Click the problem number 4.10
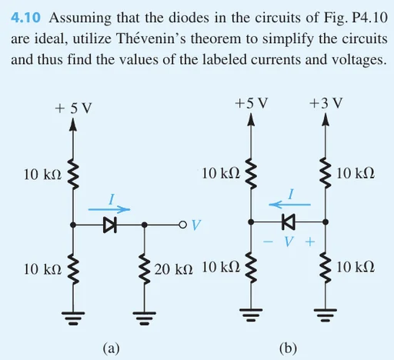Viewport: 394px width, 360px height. click(25, 18)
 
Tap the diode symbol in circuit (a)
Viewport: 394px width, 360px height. click(110, 225)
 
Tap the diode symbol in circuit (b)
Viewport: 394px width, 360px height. click(289, 222)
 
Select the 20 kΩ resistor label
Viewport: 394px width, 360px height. click(173, 269)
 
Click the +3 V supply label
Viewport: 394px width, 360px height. click(326, 103)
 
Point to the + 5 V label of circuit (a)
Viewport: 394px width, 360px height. click(73, 108)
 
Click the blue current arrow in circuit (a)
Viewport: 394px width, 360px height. click(109, 209)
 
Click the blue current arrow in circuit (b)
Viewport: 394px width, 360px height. click(289, 205)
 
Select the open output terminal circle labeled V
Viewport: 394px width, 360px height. click(182, 225)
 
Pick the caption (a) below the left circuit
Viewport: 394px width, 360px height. click(111, 348)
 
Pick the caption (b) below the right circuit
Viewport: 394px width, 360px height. click(288, 348)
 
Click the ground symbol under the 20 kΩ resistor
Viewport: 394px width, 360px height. click(145, 318)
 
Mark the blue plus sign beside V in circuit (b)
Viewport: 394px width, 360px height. click(310, 242)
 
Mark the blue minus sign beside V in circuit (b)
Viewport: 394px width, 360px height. click(268, 242)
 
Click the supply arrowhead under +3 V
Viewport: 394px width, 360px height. click(326, 119)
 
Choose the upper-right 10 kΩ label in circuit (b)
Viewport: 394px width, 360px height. click(356, 173)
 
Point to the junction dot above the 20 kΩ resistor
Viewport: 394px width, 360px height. click(145, 225)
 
